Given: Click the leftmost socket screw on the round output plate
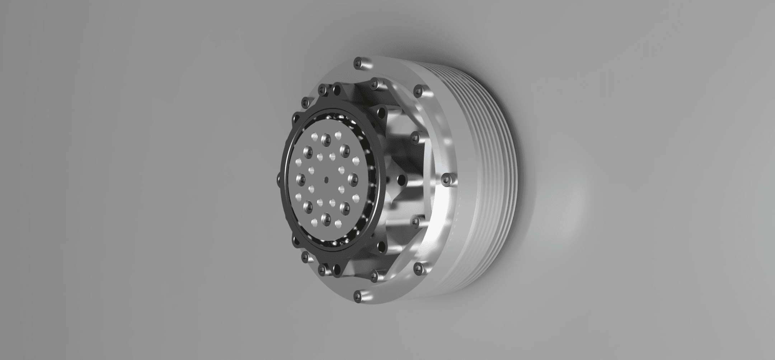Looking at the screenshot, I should pyautogui.click(x=300, y=177).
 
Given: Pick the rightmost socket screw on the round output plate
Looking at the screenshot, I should pyautogui.click(x=352, y=177).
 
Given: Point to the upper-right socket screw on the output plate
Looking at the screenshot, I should pyautogui.click(x=345, y=148).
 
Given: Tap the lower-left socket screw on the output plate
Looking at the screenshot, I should pyautogui.click(x=307, y=205).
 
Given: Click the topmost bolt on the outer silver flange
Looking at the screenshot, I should pyautogui.click(x=358, y=64).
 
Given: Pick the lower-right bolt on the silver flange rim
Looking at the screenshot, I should pyautogui.click(x=418, y=267).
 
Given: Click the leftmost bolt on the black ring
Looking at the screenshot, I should pyautogui.click(x=279, y=179).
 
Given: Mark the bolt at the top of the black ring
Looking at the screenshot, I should pyautogui.click(x=337, y=86).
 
